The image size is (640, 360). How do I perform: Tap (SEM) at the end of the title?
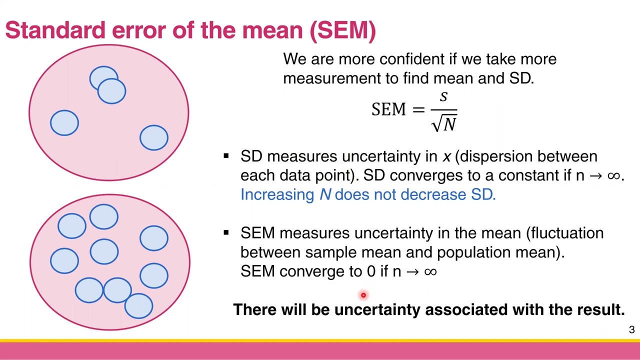tap(342, 30)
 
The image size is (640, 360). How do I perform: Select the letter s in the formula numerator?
tap(443, 97)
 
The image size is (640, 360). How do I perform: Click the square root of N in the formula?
tap(444, 122)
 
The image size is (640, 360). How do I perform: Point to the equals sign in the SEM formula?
tap(418, 109)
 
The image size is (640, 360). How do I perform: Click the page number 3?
tap(631, 330)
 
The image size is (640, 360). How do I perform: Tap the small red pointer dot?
tap(363, 295)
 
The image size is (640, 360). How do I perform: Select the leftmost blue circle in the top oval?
tap(64, 123)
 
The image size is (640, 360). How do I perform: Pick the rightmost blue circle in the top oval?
tap(154, 138)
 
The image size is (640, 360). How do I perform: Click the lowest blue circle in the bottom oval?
tap(138, 305)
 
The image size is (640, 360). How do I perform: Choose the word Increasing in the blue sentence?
tap(277, 194)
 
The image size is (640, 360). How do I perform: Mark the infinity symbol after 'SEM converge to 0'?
tap(430, 271)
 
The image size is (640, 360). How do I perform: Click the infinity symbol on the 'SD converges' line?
tap(613, 175)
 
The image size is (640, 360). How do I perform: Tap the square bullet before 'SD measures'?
tap(226, 156)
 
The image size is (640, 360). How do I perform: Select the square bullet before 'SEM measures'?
tap(226, 233)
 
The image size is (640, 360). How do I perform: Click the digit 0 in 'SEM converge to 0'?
tap(370, 271)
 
